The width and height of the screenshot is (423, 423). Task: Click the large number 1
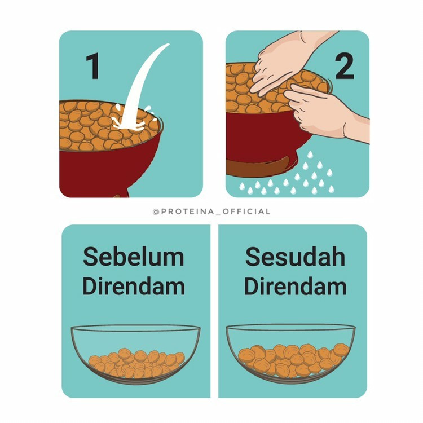(93, 66)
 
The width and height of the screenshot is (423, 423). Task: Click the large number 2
(345, 66)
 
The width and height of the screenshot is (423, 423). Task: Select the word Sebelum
(134, 257)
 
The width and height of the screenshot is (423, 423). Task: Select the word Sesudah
(295, 257)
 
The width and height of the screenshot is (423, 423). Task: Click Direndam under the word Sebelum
(134, 286)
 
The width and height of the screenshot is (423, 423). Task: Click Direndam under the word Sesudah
(295, 286)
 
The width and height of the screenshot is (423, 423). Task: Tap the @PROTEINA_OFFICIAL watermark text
(211, 211)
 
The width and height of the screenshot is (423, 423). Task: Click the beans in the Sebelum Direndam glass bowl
(136, 363)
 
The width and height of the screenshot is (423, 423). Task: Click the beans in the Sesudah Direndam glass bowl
(293, 359)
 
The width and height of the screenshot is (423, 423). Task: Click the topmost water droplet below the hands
(310, 155)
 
